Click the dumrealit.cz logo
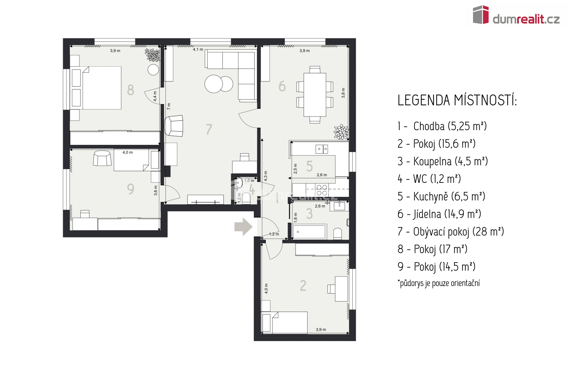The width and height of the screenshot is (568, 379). coord(516,15)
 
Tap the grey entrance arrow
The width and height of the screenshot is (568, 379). coord(243,226)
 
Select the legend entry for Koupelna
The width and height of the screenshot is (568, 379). coord(442,161)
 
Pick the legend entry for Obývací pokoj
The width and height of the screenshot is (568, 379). coord(451,232)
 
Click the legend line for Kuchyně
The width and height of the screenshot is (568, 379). coord(441,196)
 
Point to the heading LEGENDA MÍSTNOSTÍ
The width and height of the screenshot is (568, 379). coord(457,100)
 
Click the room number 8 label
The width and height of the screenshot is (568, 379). coord(130,90)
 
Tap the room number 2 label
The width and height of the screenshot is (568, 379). coord(303,286)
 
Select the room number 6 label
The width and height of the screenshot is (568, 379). coord(282,86)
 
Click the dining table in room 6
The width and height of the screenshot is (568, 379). coord(315,95)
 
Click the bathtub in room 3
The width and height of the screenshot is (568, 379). coord(309,231)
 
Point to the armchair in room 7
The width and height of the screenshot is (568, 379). coord(174,126)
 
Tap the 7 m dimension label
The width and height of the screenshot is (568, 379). coord(169,106)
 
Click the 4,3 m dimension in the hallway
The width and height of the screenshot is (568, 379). coord(265,176)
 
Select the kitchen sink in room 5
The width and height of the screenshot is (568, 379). coord(322,149)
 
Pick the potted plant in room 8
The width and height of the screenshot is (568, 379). coord(153,55)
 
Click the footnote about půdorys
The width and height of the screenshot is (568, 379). coord(439,283)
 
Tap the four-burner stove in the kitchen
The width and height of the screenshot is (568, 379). coord(322,190)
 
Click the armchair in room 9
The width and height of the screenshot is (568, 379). coord(102,158)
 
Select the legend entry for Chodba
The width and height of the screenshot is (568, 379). coord(442,126)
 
